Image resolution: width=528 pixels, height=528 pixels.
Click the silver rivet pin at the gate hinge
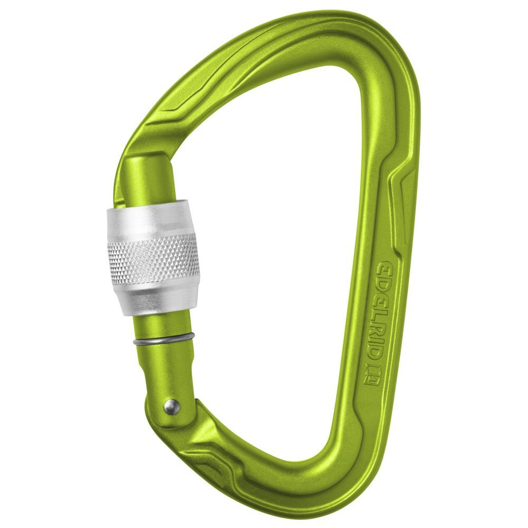point(171,406)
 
